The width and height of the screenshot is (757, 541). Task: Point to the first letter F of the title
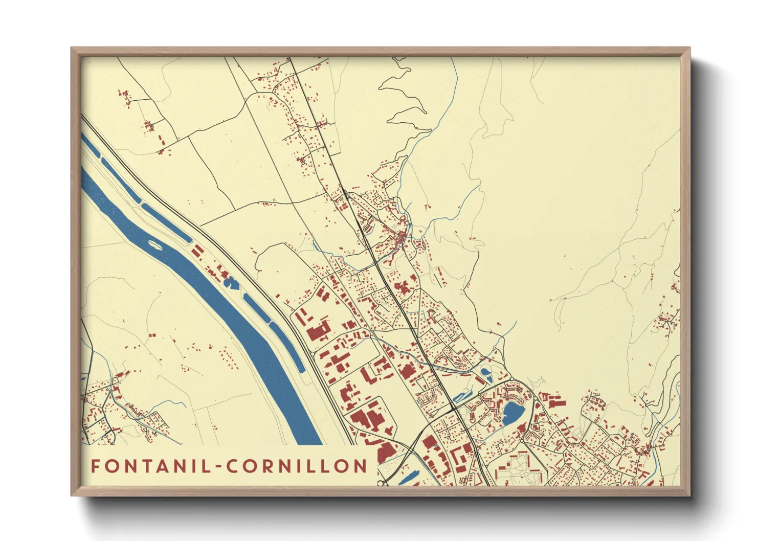(x=95, y=466)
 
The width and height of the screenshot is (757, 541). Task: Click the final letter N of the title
(x=361, y=466)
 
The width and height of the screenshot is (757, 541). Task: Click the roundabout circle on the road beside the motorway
(x=313, y=353)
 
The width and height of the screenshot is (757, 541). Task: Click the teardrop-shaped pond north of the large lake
(x=485, y=373)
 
